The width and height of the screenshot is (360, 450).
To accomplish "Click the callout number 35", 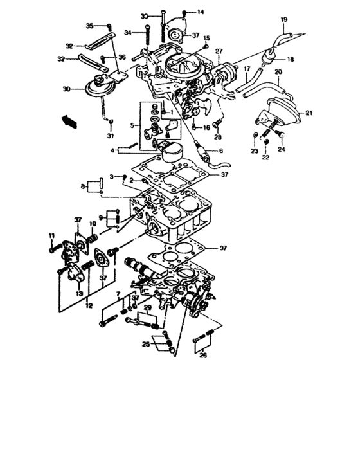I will (x=90, y=26).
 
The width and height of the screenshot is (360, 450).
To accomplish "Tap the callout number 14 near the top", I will (x=200, y=12).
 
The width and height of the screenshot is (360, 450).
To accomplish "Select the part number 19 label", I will (x=283, y=22).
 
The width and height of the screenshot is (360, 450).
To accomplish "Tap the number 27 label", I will (x=219, y=51).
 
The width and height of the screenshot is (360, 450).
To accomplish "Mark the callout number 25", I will (x=147, y=345).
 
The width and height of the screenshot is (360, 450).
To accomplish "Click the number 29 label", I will (x=148, y=309).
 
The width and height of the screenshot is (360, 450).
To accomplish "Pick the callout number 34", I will (x=128, y=32).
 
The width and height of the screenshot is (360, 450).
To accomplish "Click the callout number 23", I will (x=254, y=151).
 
